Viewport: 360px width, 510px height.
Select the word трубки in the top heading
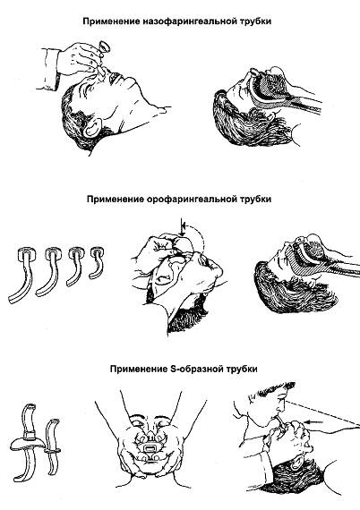[256, 21]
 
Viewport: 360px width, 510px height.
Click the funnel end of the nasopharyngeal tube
[105, 47]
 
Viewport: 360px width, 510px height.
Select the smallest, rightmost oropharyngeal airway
[97, 263]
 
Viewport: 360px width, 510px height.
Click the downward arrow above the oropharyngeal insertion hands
[183, 228]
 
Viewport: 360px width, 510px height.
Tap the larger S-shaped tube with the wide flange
[28, 442]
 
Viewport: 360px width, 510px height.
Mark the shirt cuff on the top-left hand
[50, 69]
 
